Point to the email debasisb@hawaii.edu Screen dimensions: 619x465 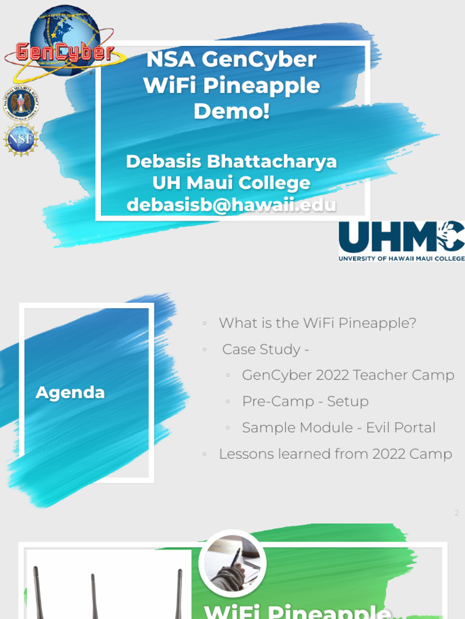(x=231, y=205)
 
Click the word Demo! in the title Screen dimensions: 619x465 (x=231, y=111)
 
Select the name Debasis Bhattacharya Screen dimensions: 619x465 (x=231, y=161)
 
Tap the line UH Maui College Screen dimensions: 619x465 (x=231, y=183)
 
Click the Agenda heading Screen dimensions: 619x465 (x=70, y=392)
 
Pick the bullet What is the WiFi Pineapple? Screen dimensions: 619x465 (x=317, y=323)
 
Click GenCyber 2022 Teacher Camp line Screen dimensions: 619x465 (x=348, y=375)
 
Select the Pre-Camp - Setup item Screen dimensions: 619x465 (x=305, y=401)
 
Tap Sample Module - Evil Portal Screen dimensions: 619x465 (x=338, y=427)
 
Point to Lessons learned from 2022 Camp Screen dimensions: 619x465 (x=335, y=454)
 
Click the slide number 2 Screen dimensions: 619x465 (x=457, y=513)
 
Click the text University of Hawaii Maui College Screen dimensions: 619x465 (x=401, y=258)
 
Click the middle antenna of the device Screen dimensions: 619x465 (x=93, y=595)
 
